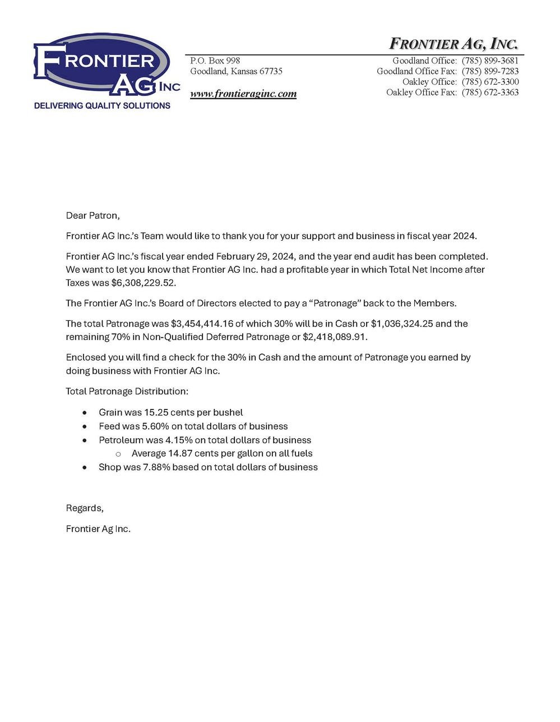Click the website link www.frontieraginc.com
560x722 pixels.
pos(243,94)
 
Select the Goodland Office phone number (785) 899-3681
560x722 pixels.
pos(490,61)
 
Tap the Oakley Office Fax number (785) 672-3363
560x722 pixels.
pos(490,93)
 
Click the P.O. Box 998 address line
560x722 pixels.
pos(215,61)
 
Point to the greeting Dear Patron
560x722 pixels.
pos(92,215)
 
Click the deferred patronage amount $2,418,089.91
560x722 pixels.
pos(335,337)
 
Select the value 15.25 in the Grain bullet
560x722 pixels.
pos(156,412)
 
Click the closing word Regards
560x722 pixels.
pos(85,508)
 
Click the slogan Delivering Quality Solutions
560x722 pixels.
pos(102,105)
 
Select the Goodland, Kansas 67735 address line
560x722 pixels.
pos(236,72)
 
